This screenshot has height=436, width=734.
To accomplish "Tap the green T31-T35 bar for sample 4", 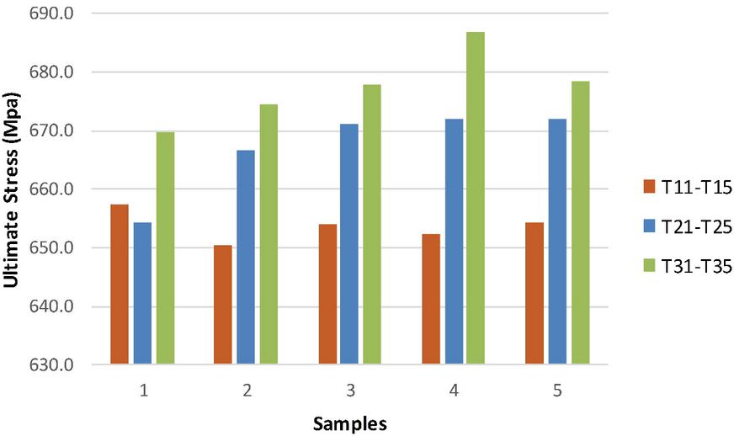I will pyautogui.click(x=476, y=199).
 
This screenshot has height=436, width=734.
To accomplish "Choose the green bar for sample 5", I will pyautogui.click(x=580, y=223).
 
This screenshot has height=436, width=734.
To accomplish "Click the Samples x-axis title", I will pyautogui.click(x=350, y=423).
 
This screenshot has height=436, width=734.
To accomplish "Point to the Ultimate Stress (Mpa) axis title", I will pyautogui.click(x=12, y=189).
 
